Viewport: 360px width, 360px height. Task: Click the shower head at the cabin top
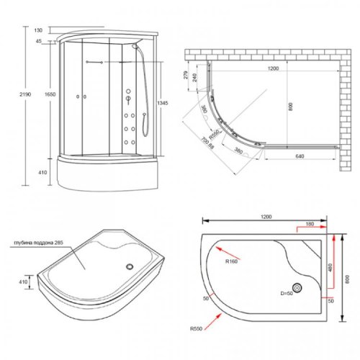(137, 45)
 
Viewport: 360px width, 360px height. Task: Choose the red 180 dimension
(309, 224)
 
